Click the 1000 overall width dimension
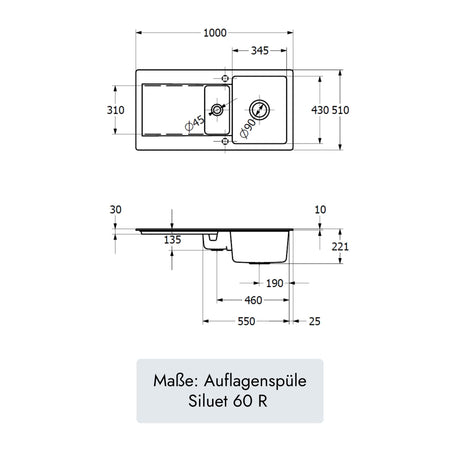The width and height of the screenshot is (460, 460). point(215,33)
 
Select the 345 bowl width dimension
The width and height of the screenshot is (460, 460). point(260,51)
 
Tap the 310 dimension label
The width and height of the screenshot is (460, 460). point(116,110)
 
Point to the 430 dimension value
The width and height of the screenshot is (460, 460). point(320,110)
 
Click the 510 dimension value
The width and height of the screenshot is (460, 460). point(340,110)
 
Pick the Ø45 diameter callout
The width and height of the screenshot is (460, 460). point(195,123)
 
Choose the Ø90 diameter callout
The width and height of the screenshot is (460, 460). point(249,129)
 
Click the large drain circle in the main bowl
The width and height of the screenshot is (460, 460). point(259,110)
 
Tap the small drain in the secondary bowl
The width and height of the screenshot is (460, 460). point(217,110)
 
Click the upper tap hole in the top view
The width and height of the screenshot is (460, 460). point(225,78)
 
